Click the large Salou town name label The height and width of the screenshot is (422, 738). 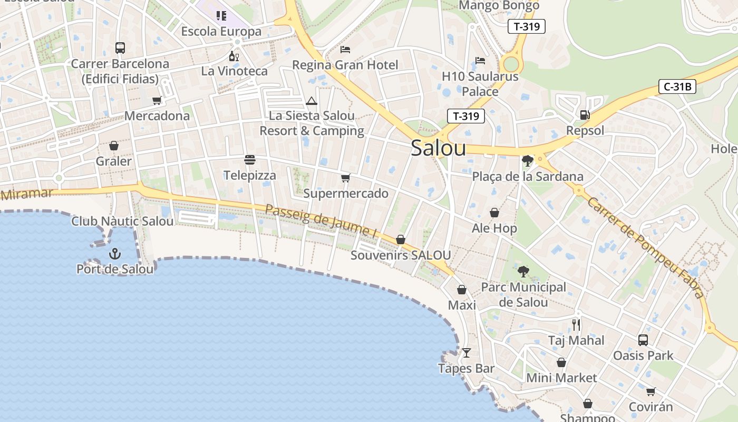[438, 148]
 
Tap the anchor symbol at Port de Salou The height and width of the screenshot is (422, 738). [114, 254]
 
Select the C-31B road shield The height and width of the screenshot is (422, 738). [677, 87]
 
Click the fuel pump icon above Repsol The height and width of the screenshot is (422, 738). [585, 115]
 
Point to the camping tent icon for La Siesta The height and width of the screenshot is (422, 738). [311, 101]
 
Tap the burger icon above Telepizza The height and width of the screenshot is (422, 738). [249, 160]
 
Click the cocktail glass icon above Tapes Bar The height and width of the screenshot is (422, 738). [466, 352]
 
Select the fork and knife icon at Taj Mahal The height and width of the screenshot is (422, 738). [576, 324]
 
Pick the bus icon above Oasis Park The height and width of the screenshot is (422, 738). [643, 340]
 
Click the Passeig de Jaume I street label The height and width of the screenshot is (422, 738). [321, 221]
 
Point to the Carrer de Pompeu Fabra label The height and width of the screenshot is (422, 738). [646, 247]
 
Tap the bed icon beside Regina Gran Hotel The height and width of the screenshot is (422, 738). [345, 50]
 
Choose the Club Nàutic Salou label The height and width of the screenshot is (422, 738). [122, 221]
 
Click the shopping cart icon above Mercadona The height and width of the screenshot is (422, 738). [157, 100]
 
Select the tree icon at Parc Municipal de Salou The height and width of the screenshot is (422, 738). [523, 272]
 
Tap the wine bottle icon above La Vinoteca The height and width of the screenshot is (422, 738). [234, 55]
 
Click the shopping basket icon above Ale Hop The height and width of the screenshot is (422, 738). [494, 213]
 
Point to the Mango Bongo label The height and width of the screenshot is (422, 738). [499, 6]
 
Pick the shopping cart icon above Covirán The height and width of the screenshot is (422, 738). [650, 391]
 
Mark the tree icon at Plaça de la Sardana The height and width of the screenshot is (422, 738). [527, 160]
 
